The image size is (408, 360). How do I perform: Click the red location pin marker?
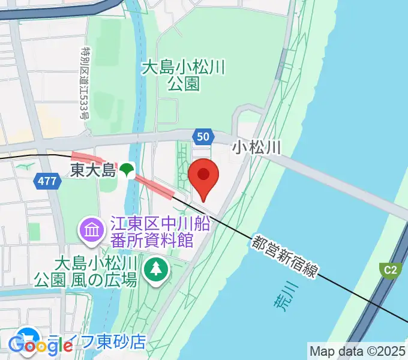[x=203, y=176]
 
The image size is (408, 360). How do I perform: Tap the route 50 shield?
[x=202, y=137]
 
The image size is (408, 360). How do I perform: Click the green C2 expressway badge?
[x=391, y=269]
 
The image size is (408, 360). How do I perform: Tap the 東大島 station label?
[x=92, y=170]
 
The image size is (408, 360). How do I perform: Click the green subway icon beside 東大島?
[x=127, y=170]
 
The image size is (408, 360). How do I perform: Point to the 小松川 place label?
[x=257, y=148]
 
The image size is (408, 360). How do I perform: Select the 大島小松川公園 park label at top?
[x=183, y=75]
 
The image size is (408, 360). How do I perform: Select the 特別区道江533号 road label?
[x=85, y=83]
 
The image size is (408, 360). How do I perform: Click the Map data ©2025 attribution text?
[x=358, y=350]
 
